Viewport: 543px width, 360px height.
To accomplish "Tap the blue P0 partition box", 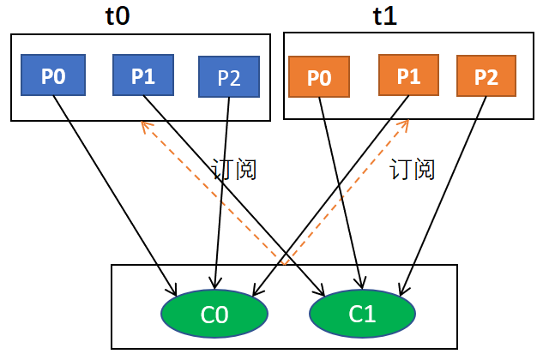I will [53, 76].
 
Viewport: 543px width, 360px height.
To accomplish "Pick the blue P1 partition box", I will [143, 75].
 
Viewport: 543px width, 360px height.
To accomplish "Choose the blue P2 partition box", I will [228, 77].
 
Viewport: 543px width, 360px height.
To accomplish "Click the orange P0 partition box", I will [319, 78].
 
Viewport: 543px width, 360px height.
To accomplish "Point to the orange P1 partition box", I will [408, 75].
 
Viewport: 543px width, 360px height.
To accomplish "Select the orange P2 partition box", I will [486, 76].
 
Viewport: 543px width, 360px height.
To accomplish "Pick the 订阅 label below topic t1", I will [413, 169].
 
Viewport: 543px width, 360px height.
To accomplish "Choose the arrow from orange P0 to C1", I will [341, 197].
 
